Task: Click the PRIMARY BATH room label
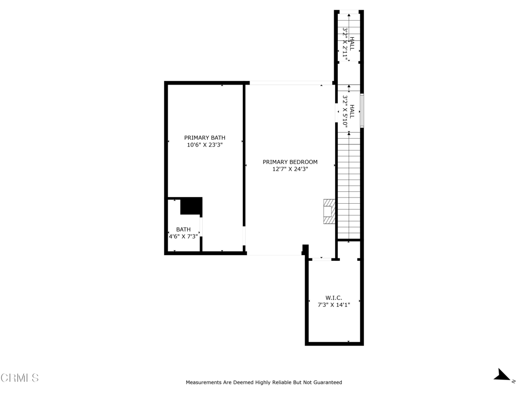pos(205,138)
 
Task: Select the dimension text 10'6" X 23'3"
pos(205,145)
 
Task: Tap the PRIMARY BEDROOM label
pos(290,162)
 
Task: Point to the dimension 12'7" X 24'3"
pos(290,169)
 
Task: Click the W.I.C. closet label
pos(334,298)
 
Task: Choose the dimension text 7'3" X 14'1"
pos(334,305)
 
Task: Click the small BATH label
pos(183,229)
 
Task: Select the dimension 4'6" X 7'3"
pos(183,237)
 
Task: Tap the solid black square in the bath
pos(191,206)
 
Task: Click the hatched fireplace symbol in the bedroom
pos(328,211)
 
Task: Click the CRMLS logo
pos(20,378)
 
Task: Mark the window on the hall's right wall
pos(362,110)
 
